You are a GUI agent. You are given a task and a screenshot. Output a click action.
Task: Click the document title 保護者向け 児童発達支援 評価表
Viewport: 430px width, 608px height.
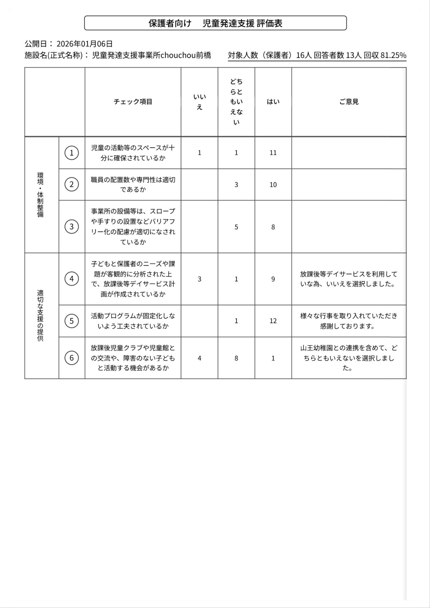pyautogui.click(x=215, y=23)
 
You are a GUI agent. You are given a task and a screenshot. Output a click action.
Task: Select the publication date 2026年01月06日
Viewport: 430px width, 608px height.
pyautogui.click(x=85, y=44)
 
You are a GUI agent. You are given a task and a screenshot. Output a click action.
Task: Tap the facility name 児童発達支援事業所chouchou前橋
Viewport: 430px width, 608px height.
pyautogui.click(x=151, y=55)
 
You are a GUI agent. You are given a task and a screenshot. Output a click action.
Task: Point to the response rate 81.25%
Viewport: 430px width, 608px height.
pyautogui.click(x=393, y=55)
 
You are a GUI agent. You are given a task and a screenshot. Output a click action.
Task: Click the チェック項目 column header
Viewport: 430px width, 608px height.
pyautogui.click(x=133, y=102)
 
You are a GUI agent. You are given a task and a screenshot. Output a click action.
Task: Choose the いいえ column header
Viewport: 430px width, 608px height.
pyautogui.click(x=199, y=102)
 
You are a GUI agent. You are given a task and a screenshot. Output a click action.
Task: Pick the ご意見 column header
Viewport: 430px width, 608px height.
pyautogui.click(x=349, y=102)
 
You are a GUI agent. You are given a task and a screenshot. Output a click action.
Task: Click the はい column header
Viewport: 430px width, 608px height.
pyautogui.click(x=273, y=102)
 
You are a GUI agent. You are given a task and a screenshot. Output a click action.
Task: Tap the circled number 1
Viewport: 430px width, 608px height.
pyautogui.click(x=72, y=153)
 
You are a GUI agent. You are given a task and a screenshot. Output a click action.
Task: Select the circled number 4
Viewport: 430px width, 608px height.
pyautogui.click(x=72, y=279)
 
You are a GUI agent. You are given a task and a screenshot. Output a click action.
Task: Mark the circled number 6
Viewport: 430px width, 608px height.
pyautogui.click(x=72, y=358)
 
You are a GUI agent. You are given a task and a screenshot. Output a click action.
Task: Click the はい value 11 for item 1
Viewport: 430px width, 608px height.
pyautogui.click(x=273, y=153)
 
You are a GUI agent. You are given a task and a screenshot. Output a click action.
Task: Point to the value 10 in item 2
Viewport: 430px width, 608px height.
pyautogui.click(x=273, y=185)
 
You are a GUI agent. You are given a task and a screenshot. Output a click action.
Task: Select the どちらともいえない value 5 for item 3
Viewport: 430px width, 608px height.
pyautogui.click(x=236, y=227)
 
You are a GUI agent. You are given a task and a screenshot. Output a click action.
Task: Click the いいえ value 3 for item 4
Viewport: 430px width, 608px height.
pyautogui.click(x=199, y=279)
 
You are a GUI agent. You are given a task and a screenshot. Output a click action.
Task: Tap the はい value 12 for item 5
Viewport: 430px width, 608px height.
pyautogui.click(x=273, y=321)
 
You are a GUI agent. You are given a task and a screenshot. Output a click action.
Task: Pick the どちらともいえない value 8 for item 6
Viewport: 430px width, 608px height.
pyautogui.click(x=236, y=358)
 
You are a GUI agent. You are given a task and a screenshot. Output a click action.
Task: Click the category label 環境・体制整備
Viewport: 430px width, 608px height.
pyautogui.click(x=41, y=195)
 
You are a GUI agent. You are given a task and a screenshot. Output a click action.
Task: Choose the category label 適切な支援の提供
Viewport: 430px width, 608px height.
pyautogui.click(x=41, y=315)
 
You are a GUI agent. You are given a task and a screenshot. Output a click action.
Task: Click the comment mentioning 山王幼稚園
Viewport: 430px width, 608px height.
pyautogui.click(x=349, y=358)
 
